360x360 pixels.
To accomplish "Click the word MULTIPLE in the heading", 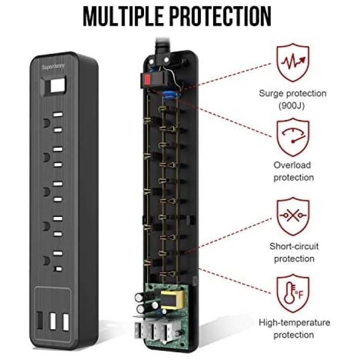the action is pos(123,17).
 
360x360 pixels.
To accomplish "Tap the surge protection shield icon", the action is pos(293,62).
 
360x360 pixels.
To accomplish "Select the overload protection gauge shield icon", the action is pos(293,137).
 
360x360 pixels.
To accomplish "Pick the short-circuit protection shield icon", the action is pos(293,216).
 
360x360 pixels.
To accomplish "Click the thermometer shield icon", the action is pos(293,293).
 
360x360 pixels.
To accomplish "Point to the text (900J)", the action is pos(291,106).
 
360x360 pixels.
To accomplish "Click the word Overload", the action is pos(292,165).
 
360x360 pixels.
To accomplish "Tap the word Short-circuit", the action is pos(294,246).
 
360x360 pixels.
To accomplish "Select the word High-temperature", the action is pos(295,323).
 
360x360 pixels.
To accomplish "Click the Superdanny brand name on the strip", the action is pos(53,67).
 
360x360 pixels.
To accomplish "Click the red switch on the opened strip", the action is pos(147,79).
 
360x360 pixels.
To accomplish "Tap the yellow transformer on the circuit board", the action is pos(173,300).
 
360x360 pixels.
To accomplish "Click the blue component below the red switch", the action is pos(170,95).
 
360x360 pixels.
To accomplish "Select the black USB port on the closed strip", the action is pos(40,320).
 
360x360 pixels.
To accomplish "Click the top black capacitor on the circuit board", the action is pos(140,297).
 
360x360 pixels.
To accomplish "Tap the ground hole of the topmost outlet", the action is pos(47,123).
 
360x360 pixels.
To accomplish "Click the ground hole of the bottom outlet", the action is pos(47,261).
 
